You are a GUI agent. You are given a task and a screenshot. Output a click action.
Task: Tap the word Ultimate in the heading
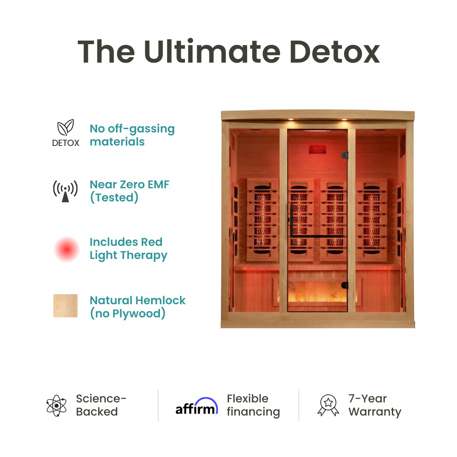(212, 52)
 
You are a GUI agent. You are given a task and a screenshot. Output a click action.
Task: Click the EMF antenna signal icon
(65, 191)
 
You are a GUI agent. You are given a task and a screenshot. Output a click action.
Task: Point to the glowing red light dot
(67, 249)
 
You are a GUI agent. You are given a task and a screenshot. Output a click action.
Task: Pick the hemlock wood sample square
(66, 306)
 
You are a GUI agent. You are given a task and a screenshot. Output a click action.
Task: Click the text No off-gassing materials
(132, 135)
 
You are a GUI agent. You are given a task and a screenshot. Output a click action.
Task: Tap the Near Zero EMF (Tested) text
(129, 191)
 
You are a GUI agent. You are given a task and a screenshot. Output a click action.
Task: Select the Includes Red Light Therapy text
(128, 249)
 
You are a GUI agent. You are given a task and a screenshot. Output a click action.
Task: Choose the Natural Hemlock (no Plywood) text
(138, 307)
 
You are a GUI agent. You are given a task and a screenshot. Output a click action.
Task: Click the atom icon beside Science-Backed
(57, 406)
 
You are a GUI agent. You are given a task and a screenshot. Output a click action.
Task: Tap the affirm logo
(197, 406)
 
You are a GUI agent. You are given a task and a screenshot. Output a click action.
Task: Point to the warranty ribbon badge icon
(328, 405)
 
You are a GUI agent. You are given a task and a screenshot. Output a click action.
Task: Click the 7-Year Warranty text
(374, 405)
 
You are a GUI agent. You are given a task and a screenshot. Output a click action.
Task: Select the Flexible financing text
(253, 405)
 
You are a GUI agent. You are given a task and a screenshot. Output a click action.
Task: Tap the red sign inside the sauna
(317, 149)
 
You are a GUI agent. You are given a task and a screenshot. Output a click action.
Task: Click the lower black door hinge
(345, 285)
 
